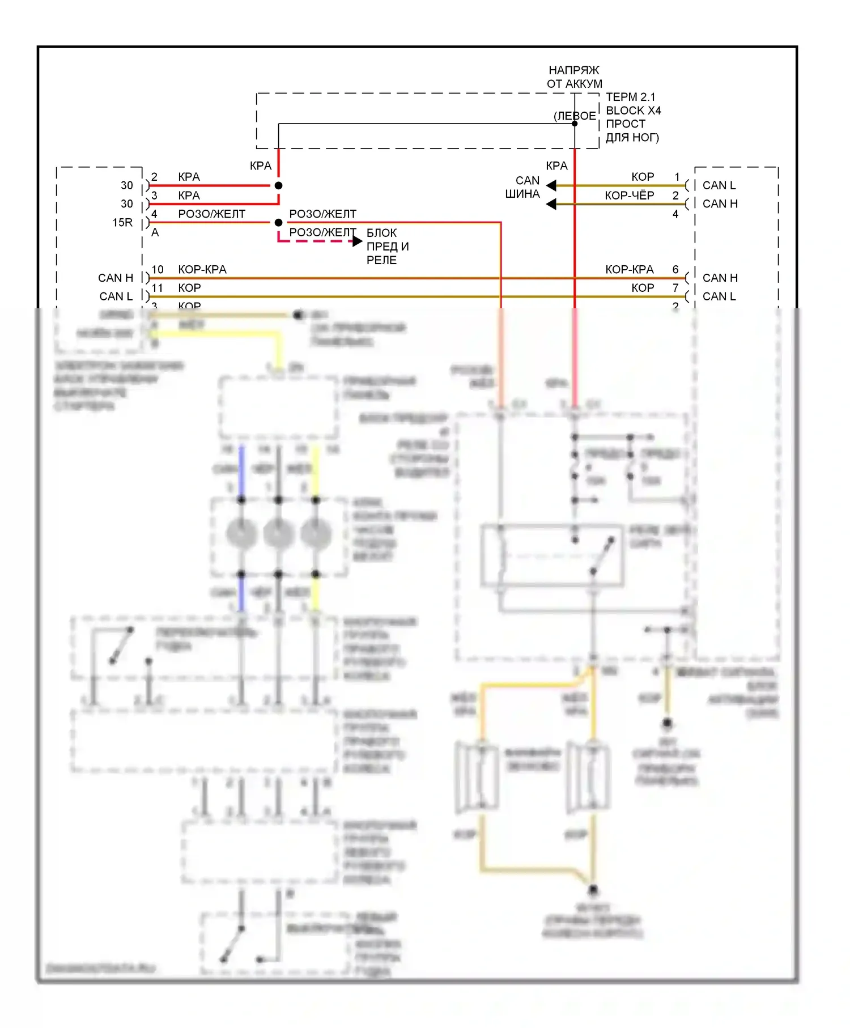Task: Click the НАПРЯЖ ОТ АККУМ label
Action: click(574, 77)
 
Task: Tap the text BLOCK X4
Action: click(633, 111)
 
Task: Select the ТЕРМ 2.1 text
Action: click(630, 97)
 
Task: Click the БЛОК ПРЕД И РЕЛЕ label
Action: click(388, 247)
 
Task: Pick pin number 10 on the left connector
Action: click(158, 270)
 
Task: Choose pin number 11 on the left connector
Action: click(158, 288)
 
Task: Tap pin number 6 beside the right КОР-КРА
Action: click(675, 270)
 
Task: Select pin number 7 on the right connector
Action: click(675, 288)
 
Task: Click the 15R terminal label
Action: click(122, 223)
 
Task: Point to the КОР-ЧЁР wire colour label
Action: click(629, 196)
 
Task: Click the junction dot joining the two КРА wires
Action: click(278, 185)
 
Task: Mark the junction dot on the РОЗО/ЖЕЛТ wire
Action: click(278, 223)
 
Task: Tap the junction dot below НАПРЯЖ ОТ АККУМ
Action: click(575, 124)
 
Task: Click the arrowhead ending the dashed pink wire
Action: click(358, 241)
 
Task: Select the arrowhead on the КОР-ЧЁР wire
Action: click(551, 203)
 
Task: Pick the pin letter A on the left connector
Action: click(155, 232)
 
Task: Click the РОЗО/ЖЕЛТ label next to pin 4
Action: click(211, 214)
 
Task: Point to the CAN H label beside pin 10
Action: click(116, 278)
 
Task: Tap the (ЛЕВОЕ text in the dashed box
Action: click(575, 116)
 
